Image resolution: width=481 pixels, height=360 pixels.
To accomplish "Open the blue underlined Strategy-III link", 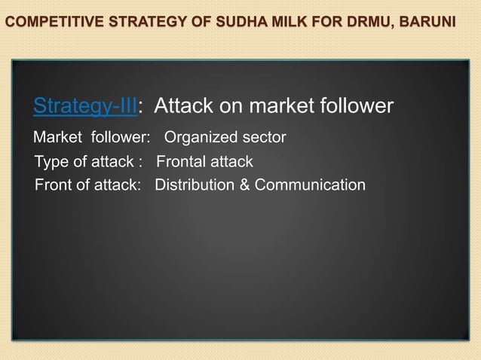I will [x=84, y=107].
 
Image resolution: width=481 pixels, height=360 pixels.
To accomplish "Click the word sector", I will [x=261, y=138].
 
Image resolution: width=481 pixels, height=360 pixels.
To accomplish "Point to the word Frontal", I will [x=181, y=162].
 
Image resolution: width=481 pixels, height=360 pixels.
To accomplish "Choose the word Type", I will [x=51, y=162].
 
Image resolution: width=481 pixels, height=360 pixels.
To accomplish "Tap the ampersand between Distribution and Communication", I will [x=245, y=185].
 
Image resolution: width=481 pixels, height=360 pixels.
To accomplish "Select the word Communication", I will [x=310, y=185].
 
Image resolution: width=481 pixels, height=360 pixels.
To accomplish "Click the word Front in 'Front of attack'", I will [x=53, y=185].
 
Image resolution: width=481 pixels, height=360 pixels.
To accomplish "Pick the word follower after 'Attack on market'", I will [x=356, y=107].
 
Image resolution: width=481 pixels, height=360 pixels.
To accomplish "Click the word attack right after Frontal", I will [x=231, y=162].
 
